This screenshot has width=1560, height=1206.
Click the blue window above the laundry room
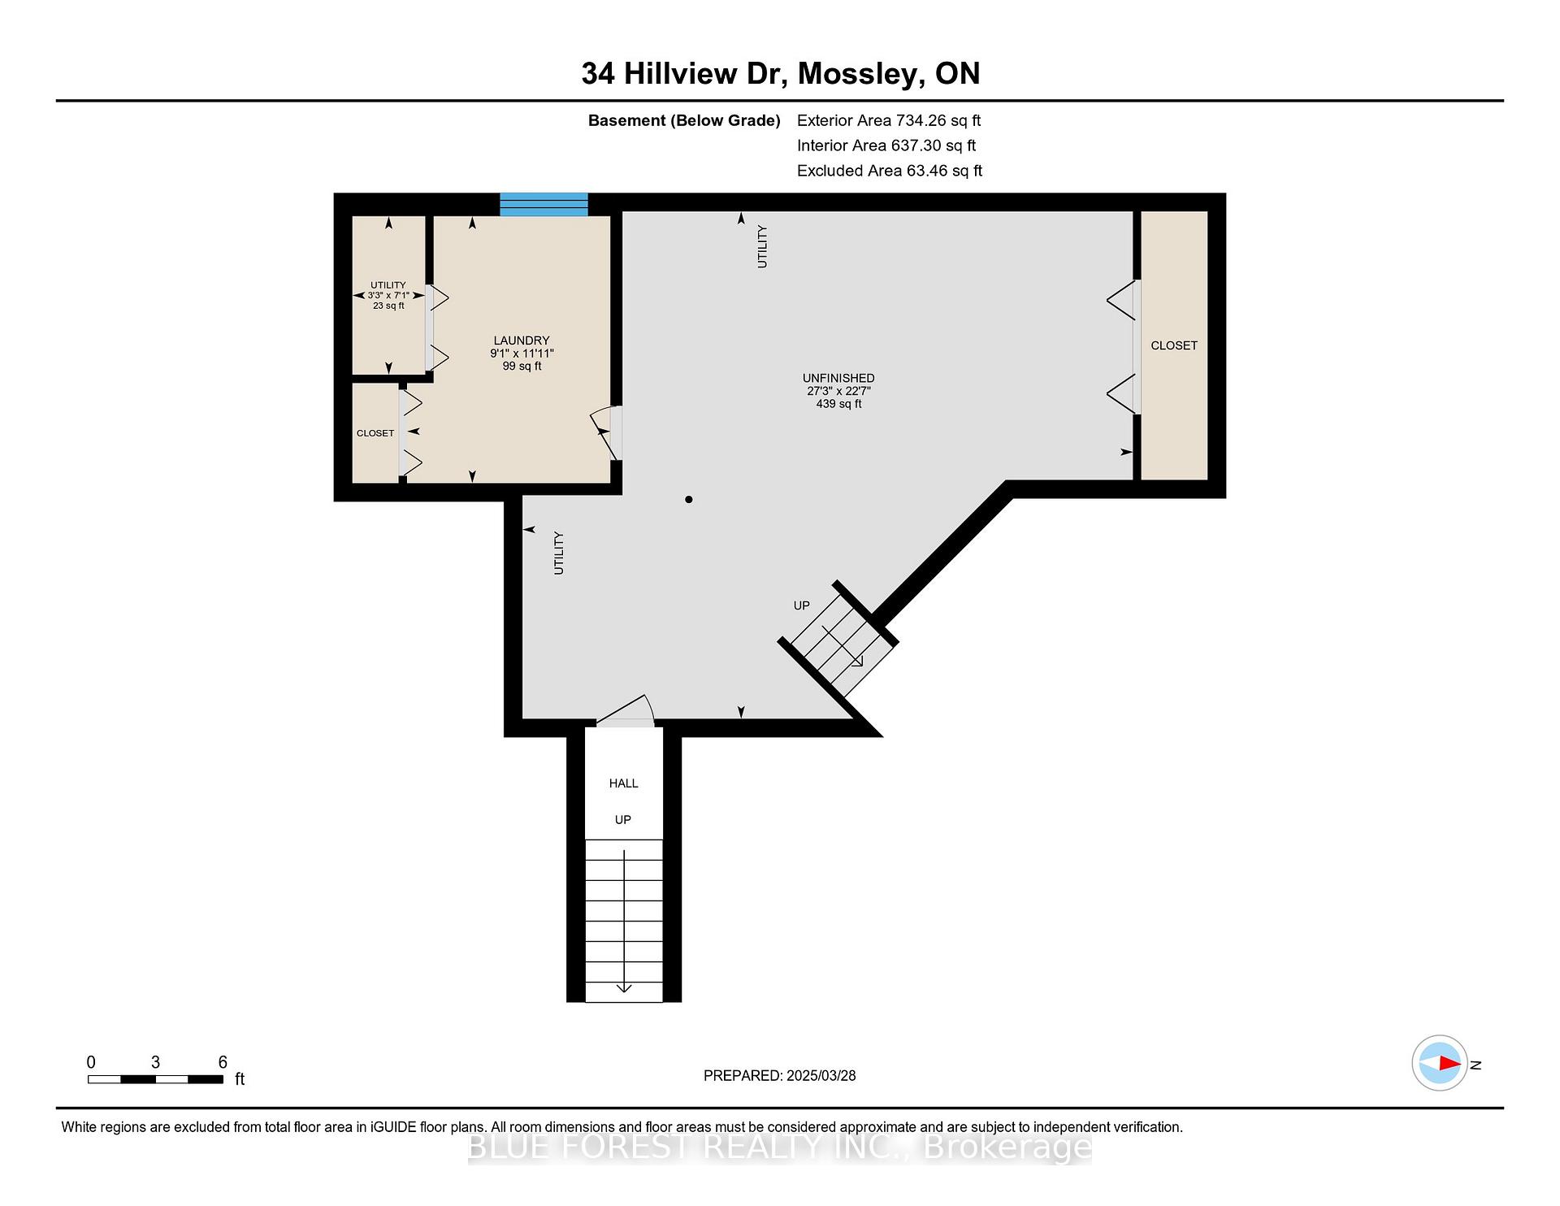click(544, 204)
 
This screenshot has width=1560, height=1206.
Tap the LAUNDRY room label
click(522, 341)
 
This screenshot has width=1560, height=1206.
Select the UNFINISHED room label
click(838, 378)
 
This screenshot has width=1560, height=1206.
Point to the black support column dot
click(689, 499)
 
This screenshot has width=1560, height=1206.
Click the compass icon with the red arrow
click(1440, 1063)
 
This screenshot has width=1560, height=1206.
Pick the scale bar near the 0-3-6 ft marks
click(155, 1079)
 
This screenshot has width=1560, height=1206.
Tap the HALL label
click(624, 783)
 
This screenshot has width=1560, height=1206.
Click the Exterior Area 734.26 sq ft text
click(889, 120)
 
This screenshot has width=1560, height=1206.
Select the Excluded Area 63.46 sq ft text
click(890, 171)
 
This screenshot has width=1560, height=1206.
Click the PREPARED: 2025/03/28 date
click(780, 1075)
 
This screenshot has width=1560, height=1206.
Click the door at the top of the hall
click(626, 711)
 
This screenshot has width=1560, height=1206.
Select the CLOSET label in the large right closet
click(1174, 345)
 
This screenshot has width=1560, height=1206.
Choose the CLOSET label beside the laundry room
click(375, 433)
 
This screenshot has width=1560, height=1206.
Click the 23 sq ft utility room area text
click(388, 306)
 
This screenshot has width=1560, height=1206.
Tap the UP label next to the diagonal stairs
click(802, 605)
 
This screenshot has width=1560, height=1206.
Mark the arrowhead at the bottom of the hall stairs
click(624, 988)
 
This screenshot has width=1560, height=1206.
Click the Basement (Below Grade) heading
click(684, 120)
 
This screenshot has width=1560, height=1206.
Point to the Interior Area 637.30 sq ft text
click(886, 145)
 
